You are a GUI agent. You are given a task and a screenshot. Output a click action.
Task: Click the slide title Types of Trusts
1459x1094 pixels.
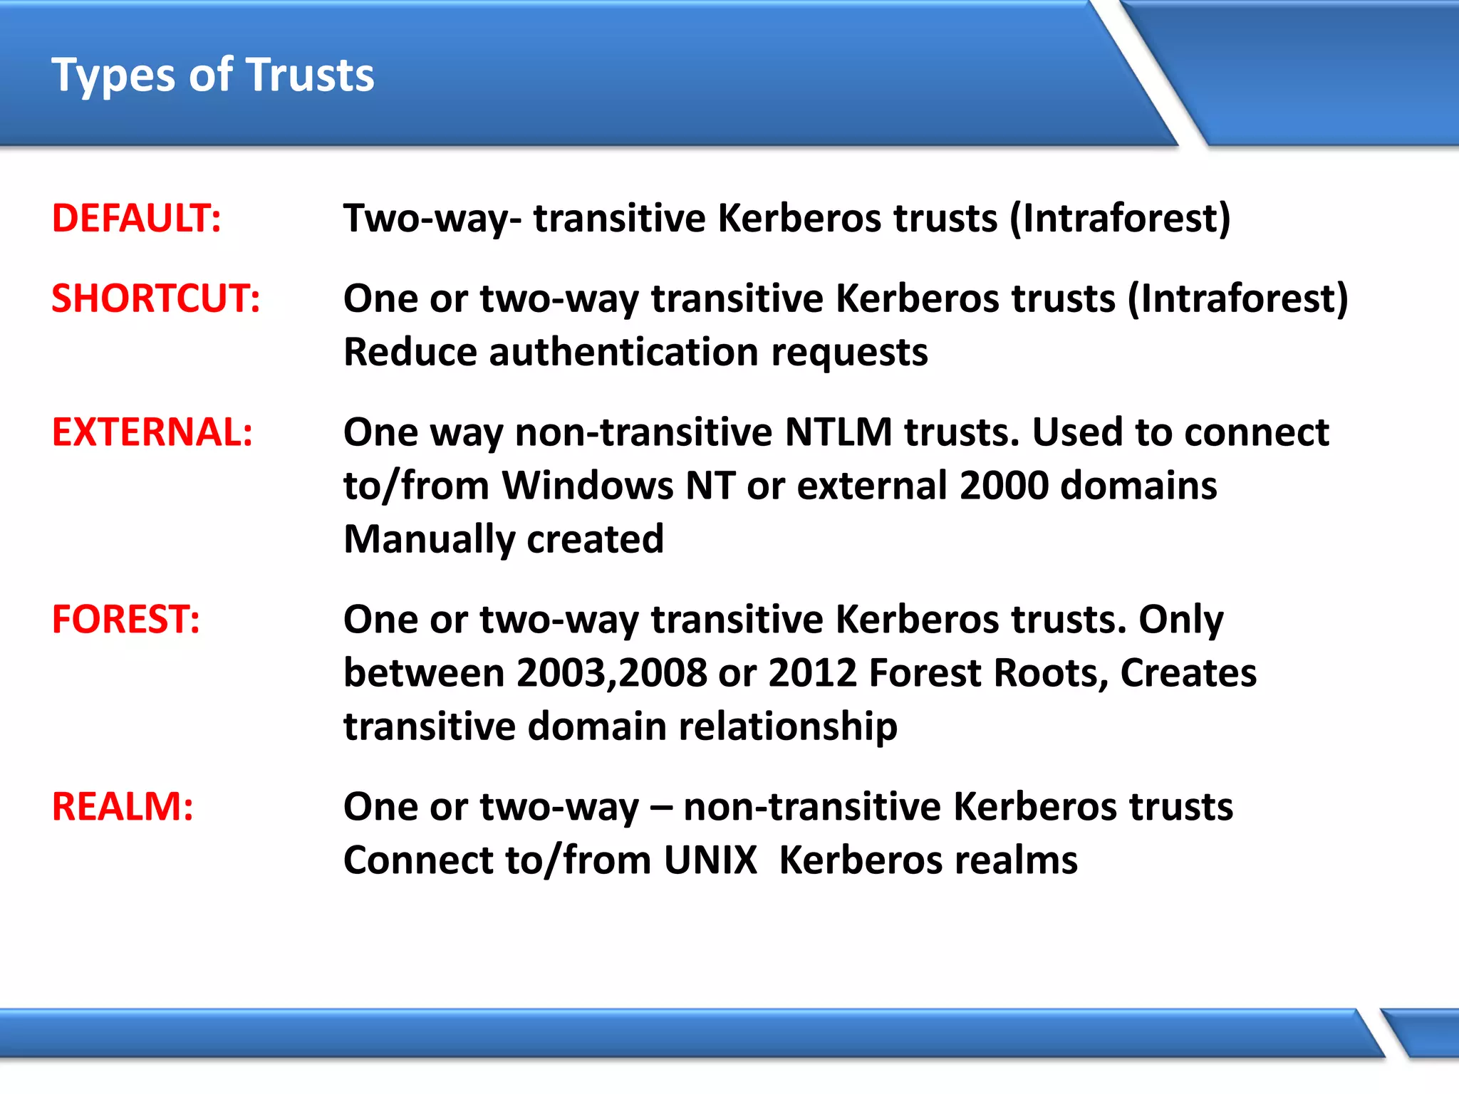[212, 75]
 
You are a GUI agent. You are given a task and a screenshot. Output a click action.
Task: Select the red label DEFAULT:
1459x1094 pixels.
[136, 218]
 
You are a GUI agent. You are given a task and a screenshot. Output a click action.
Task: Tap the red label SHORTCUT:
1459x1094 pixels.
[155, 298]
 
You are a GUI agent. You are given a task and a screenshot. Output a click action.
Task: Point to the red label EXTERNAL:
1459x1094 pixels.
[152, 432]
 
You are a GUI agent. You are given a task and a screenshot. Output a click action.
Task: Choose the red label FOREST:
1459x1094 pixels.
[125, 619]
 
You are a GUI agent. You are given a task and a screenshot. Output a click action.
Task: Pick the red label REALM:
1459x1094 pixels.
[122, 806]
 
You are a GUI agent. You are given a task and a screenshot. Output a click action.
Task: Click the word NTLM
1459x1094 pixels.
[838, 432]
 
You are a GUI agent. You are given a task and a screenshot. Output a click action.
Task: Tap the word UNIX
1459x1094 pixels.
[710, 860]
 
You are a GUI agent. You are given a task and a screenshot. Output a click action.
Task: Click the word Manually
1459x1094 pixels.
[428, 539]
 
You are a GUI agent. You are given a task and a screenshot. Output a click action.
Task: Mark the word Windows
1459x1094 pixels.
[587, 486]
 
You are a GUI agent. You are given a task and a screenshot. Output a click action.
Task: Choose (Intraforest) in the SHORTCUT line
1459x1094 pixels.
[1237, 298]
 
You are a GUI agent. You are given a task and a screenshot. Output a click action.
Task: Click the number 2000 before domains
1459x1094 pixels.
[1003, 486]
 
